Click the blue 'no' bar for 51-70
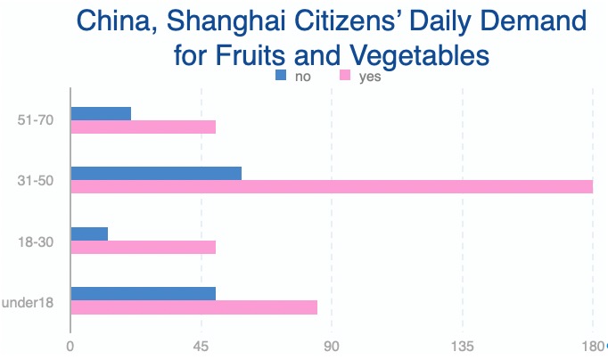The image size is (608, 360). [x=101, y=113]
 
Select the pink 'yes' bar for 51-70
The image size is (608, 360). [x=143, y=127]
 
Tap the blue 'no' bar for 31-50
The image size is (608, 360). [x=156, y=173]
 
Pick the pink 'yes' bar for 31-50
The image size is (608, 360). [x=332, y=186]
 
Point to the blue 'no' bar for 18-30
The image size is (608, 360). [x=89, y=233]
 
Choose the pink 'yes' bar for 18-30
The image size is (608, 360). [x=143, y=247]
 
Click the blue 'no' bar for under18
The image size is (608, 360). [x=143, y=293]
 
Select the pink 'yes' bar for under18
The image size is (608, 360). [x=193, y=307]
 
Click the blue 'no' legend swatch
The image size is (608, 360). [x=282, y=77]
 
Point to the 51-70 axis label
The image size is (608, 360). [x=36, y=120]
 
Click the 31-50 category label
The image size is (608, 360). [x=36, y=181]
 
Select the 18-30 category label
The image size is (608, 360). [x=36, y=241]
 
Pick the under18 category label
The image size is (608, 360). [x=29, y=302]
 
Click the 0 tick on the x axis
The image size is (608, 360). [x=70, y=347]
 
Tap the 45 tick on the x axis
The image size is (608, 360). [x=201, y=347]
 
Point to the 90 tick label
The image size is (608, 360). [x=332, y=347]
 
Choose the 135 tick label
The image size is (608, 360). [x=462, y=347]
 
